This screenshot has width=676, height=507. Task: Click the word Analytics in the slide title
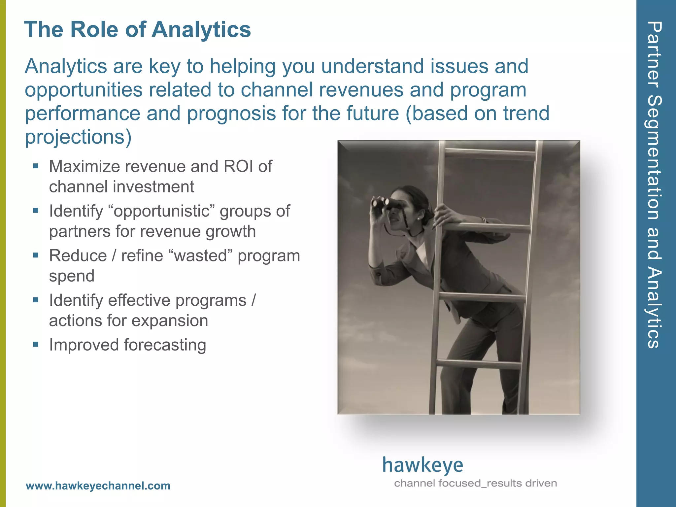click(x=201, y=30)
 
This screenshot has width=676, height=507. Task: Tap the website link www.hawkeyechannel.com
click(x=98, y=486)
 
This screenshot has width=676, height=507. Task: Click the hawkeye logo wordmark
click(x=422, y=465)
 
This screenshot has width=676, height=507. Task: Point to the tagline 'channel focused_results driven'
click(x=475, y=483)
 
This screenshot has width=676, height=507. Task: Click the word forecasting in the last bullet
click(x=165, y=345)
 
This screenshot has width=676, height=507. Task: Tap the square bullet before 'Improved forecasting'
click(x=36, y=345)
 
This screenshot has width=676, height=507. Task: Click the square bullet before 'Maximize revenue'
click(x=36, y=166)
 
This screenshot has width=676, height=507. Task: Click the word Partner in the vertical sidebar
click(x=654, y=54)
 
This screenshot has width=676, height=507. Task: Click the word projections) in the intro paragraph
click(x=78, y=137)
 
